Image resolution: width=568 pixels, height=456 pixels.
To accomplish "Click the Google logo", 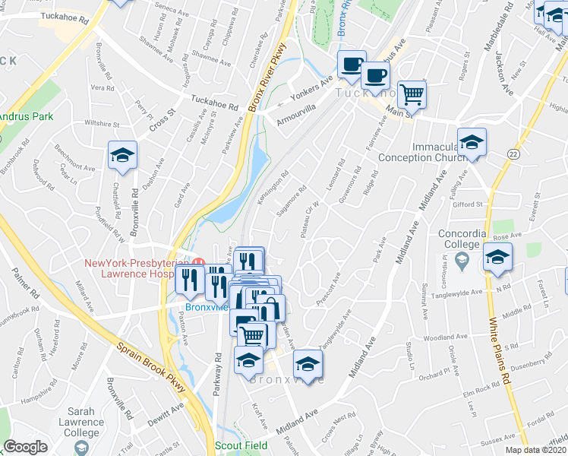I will click(x=25, y=447).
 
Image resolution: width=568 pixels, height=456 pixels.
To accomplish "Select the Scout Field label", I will click(x=241, y=445).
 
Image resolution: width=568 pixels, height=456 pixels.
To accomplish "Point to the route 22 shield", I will click(x=514, y=154).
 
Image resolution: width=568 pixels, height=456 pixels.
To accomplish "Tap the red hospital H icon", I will click(x=198, y=263).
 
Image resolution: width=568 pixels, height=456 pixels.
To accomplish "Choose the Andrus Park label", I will click(x=26, y=117).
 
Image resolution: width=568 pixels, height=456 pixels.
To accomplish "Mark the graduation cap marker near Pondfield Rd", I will click(x=121, y=156).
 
